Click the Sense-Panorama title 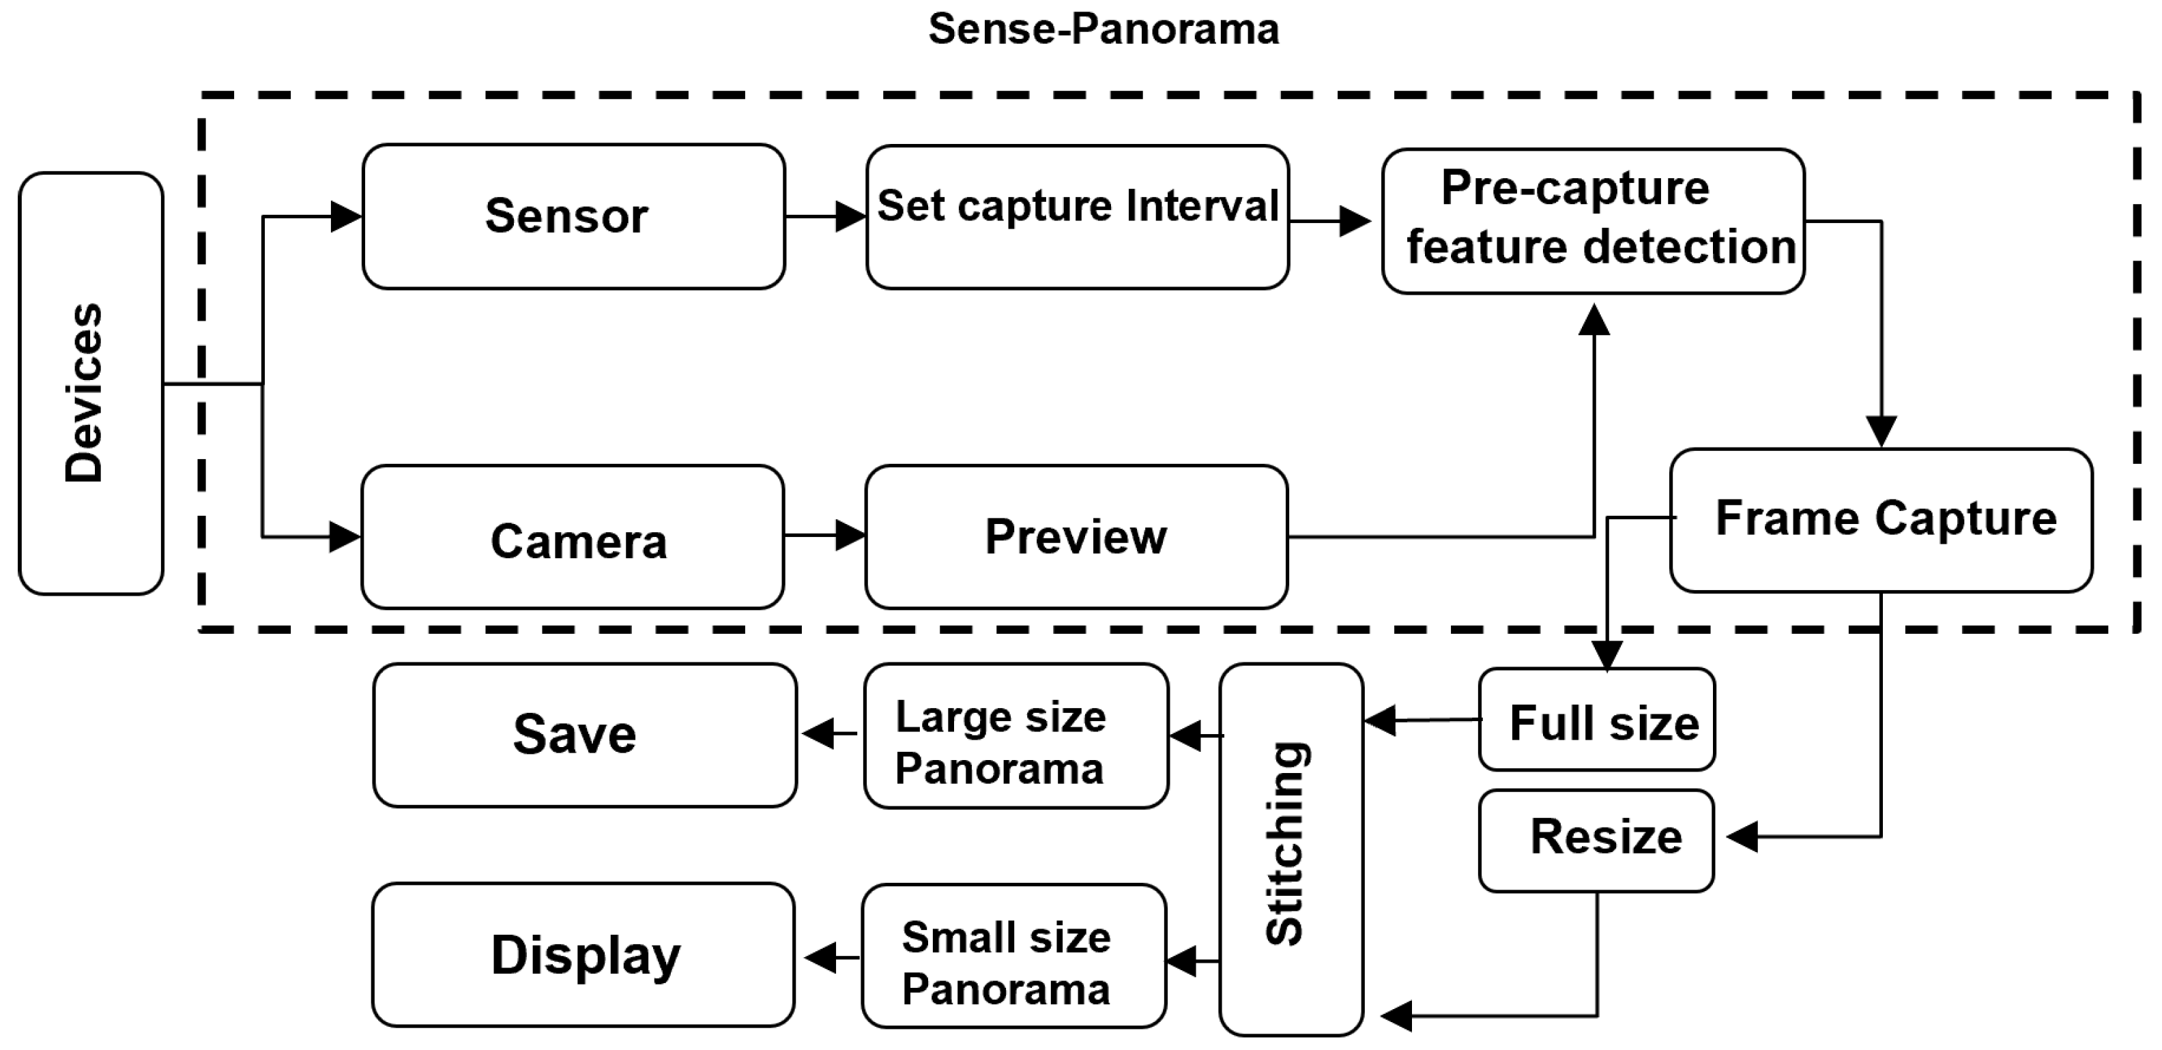point(1103,30)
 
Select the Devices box point(91,383)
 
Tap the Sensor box point(573,216)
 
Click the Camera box point(573,537)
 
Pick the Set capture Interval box point(1078,216)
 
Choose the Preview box point(1076,537)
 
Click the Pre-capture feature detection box point(1593,222)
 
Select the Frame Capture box point(1881,521)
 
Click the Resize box point(1596,840)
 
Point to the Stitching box point(1291,849)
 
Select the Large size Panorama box point(1015,736)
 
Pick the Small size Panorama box point(1014,956)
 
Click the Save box point(584,736)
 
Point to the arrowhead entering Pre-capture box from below point(1594,321)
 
